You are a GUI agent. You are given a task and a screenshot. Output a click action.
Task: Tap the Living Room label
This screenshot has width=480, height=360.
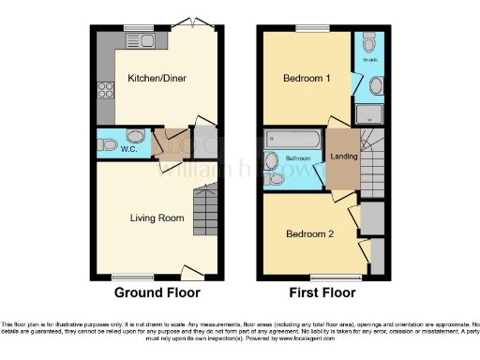coord(157,217)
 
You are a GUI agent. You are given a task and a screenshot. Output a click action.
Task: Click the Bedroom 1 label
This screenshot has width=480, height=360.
coord(307,80)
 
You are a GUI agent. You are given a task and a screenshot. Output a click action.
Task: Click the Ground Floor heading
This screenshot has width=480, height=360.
coord(157,292)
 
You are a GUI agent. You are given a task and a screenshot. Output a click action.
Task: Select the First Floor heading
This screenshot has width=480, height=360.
coord(325,292)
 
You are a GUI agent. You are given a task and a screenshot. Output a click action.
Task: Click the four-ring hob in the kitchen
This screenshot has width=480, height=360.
coord(100,92)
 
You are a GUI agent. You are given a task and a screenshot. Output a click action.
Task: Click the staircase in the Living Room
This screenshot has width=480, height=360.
coord(203,210)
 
